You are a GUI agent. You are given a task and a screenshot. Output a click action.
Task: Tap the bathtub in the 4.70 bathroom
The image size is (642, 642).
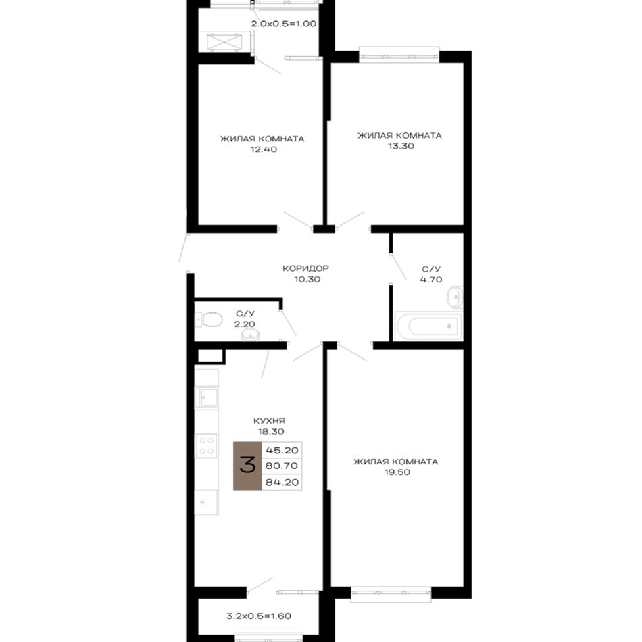(x=428, y=326)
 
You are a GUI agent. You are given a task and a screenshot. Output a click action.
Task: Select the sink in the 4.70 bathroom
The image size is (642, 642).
(x=455, y=297)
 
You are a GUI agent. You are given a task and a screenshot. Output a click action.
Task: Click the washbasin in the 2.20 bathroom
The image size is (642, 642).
(x=249, y=335)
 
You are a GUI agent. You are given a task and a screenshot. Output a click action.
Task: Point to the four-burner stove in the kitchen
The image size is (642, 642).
(x=206, y=446)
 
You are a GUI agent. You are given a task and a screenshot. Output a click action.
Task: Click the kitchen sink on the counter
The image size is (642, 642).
(x=207, y=397)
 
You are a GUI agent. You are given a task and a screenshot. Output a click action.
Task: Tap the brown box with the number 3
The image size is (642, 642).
(x=247, y=466)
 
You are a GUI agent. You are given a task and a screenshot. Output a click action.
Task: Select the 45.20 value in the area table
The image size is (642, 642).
(x=282, y=450)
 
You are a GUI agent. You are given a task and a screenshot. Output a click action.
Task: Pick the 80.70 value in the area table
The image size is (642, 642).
(x=282, y=466)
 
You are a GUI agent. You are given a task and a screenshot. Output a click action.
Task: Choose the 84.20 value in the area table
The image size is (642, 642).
(x=282, y=483)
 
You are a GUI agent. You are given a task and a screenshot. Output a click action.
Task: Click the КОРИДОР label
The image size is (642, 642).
(x=306, y=268)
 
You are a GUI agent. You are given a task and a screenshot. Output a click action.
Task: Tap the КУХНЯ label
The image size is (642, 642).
(x=269, y=421)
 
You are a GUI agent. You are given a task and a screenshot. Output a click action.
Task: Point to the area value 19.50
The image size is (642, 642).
(x=397, y=472)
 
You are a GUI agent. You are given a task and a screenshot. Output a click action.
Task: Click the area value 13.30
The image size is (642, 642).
(x=401, y=146)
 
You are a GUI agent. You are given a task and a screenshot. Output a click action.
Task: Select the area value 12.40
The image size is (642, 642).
(x=264, y=149)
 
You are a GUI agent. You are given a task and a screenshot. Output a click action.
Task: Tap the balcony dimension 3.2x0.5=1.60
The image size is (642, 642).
(x=259, y=616)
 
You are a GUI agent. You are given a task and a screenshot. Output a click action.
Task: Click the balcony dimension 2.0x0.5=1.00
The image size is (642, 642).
(x=284, y=24)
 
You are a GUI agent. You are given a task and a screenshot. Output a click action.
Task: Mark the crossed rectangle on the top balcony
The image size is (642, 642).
(x=224, y=42)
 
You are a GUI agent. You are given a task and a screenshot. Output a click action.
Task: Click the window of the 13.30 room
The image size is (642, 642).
(x=399, y=55)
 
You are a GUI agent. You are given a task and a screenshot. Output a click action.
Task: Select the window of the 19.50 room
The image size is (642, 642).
(x=391, y=595)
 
